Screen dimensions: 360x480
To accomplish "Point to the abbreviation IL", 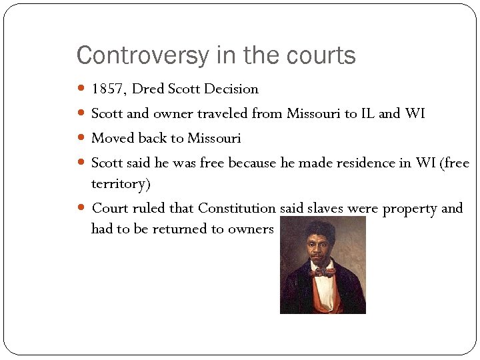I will tap(367, 114).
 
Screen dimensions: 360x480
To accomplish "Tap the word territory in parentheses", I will tap(120, 183).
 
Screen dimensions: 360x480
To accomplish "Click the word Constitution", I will tap(237, 209).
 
